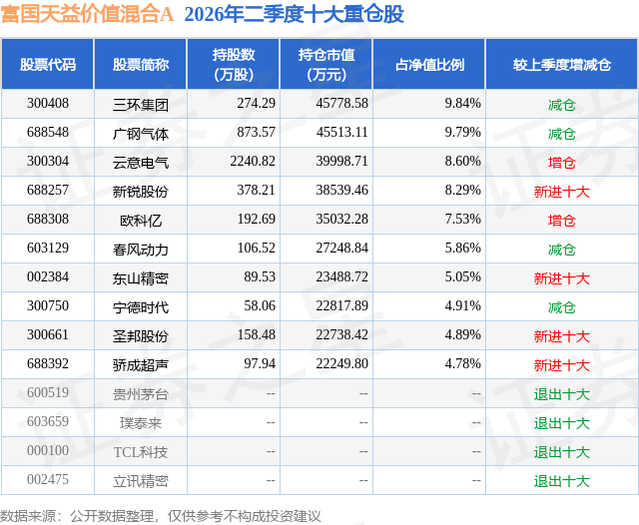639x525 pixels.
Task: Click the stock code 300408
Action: [48, 104]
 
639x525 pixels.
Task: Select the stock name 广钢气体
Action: [141, 134]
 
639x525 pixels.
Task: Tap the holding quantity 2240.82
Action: [253, 162]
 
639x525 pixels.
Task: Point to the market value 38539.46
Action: [341, 191]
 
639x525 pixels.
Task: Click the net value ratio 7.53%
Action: [463, 220]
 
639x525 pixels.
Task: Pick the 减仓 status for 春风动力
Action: [561, 250]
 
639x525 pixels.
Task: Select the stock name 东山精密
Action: [141, 278]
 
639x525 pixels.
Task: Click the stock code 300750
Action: [48, 305]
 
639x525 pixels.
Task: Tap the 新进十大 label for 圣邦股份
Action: [561, 336]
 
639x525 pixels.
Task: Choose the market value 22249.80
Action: [341, 363]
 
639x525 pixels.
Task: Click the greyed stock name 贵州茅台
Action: [141, 394]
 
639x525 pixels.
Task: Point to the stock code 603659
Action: [48, 421]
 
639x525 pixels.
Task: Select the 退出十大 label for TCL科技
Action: [561, 452]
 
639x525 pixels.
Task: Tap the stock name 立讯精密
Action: [141, 481]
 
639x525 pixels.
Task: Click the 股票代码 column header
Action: [48, 64]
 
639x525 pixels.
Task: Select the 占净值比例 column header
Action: [429, 64]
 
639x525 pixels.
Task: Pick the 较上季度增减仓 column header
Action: [561, 64]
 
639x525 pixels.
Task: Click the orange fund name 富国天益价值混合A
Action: [87, 14]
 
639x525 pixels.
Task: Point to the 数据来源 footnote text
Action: [160, 516]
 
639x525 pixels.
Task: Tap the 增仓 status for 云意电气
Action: [561, 163]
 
